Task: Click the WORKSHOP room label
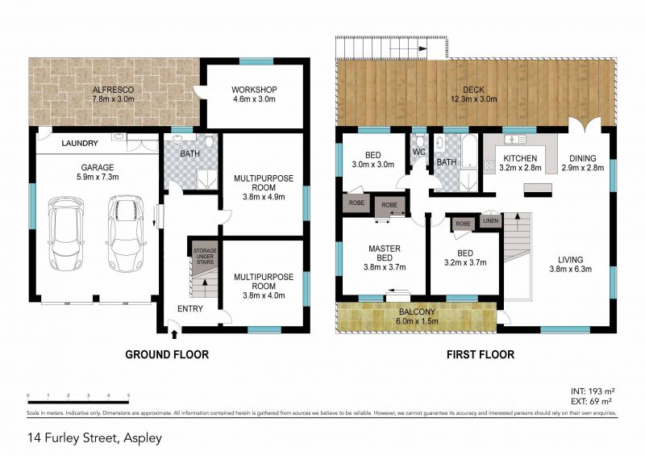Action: point(254,89)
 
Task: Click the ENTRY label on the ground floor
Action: point(190,309)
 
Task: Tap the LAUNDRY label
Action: point(80,144)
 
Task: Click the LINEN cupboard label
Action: point(490,220)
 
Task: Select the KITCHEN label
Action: point(521,158)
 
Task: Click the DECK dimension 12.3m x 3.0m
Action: point(474,99)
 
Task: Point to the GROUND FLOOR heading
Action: point(166,354)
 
